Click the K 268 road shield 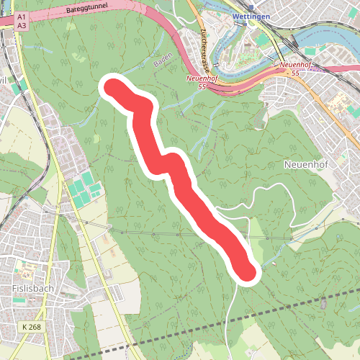[x=32, y=327]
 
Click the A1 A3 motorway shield [x=22, y=21]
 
